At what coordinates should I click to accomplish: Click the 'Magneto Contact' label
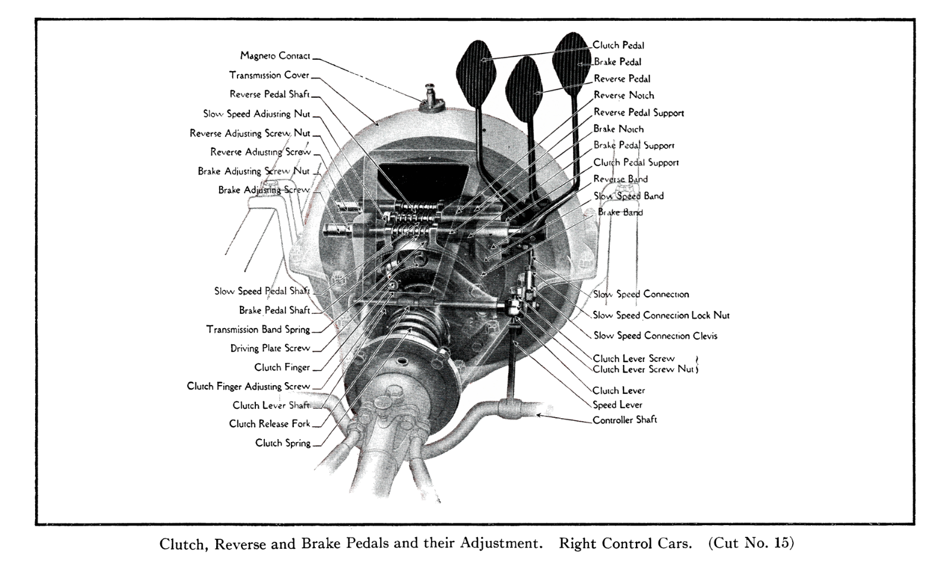[x=275, y=56]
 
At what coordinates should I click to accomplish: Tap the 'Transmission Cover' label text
[x=269, y=75]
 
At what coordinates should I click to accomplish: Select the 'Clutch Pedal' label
[x=618, y=45]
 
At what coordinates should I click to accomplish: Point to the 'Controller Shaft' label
[x=625, y=420]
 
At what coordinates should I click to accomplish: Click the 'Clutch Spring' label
[x=283, y=443]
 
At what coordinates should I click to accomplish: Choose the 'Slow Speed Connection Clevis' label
[x=655, y=336]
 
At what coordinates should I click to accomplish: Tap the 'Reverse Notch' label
[x=623, y=96]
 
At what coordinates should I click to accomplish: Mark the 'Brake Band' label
[x=620, y=212]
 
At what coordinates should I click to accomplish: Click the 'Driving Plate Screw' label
[x=270, y=348]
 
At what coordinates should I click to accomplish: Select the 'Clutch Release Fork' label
[x=270, y=424]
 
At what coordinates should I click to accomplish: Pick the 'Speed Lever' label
[x=617, y=405]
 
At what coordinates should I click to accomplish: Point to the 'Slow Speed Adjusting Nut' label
[x=256, y=114]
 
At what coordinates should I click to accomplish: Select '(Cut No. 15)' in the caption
[x=750, y=544]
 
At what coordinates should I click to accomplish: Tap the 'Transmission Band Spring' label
[x=258, y=329]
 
